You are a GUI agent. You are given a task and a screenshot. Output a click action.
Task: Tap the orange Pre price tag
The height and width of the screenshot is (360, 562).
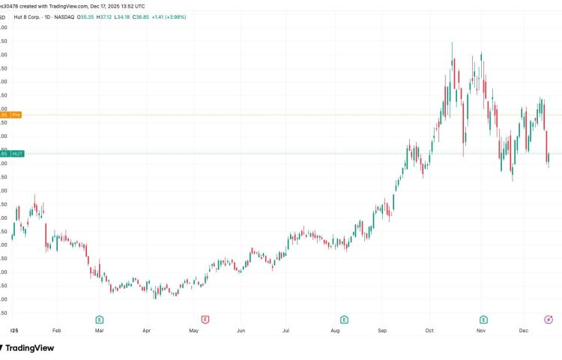pyautogui.click(x=16, y=115)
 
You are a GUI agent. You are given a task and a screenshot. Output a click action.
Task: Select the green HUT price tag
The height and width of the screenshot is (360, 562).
pyautogui.click(x=17, y=154)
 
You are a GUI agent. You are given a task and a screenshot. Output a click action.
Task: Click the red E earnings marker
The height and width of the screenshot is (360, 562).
pyautogui.click(x=205, y=319)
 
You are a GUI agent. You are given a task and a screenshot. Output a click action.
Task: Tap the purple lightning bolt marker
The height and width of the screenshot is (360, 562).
pyautogui.click(x=549, y=319)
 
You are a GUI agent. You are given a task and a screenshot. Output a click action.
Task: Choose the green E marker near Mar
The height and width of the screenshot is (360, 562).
pyautogui.click(x=99, y=319)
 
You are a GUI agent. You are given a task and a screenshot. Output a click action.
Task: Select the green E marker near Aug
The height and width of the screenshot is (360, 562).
pyautogui.click(x=344, y=319)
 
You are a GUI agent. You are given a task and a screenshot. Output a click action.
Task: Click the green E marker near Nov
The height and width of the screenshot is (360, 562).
pyautogui.click(x=483, y=319)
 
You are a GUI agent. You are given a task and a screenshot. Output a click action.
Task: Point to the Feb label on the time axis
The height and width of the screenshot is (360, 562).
pyautogui.click(x=57, y=330)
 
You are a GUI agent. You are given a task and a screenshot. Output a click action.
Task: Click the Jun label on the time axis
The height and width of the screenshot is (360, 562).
pyautogui.click(x=241, y=330)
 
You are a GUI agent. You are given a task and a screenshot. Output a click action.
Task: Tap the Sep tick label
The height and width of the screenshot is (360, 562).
pyautogui.click(x=381, y=330)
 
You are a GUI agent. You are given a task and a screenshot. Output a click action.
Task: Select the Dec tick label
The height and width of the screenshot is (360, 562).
pyautogui.click(x=525, y=330)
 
